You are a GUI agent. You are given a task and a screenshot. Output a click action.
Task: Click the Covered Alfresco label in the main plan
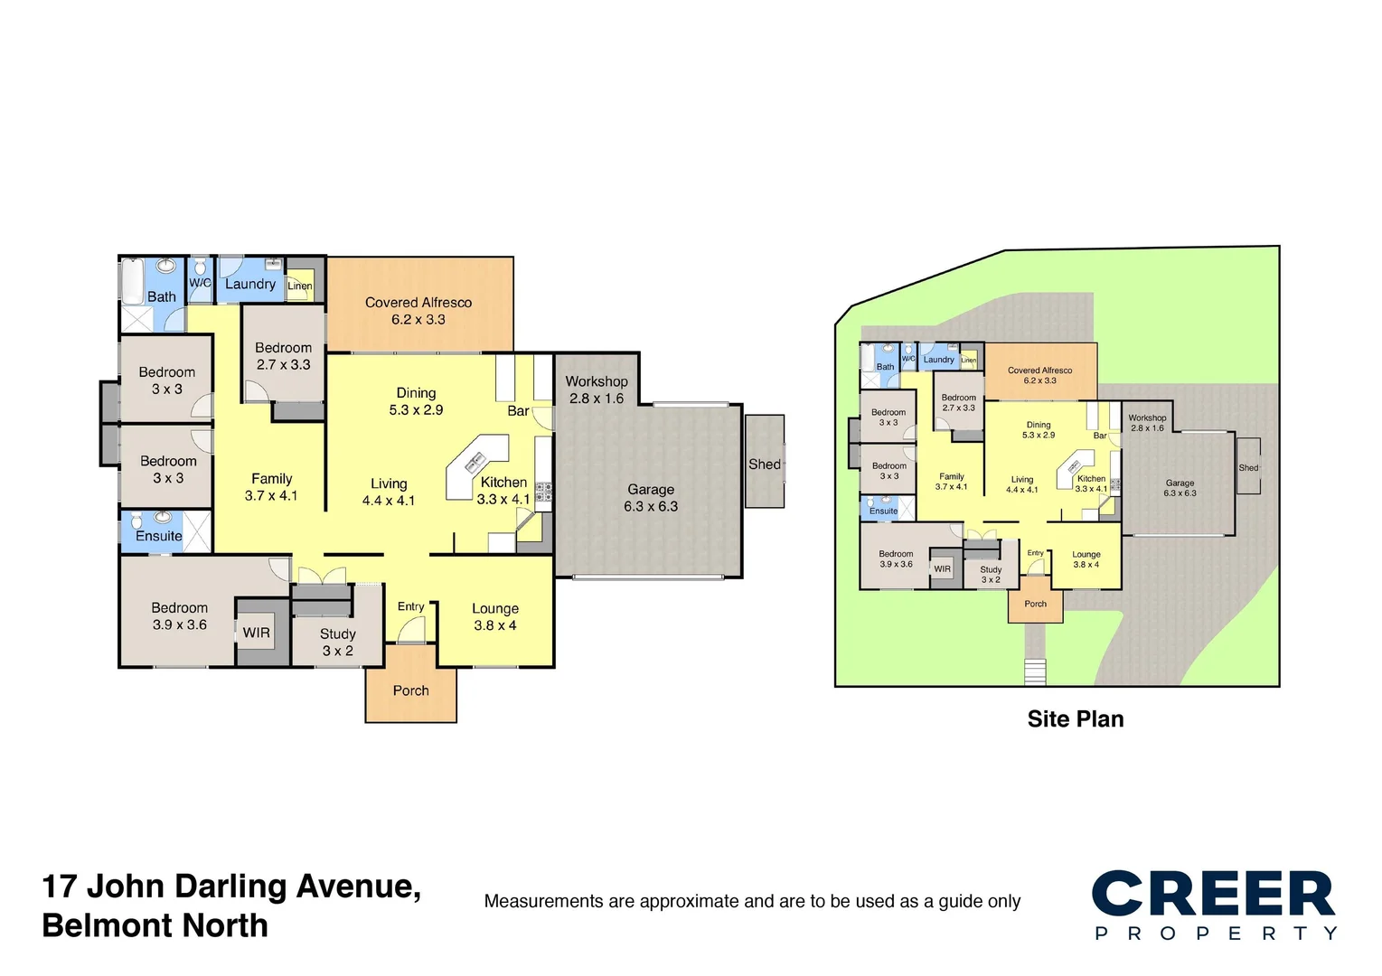click(418, 310)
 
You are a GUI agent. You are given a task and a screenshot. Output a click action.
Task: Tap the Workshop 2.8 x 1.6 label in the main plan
click(597, 389)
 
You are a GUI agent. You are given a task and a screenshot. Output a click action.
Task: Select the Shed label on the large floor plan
click(764, 464)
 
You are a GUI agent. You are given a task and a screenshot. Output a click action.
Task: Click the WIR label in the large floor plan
click(256, 633)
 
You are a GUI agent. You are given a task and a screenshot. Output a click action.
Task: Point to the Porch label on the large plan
click(410, 690)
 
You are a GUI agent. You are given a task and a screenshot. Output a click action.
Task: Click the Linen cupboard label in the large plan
click(299, 286)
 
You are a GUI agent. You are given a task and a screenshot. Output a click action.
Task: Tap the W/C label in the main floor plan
click(200, 283)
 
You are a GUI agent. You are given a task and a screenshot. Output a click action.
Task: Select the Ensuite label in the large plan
click(159, 536)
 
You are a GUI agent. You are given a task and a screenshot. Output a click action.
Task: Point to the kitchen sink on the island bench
click(475, 464)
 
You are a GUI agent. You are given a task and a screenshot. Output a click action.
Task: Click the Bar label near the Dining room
click(518, 411)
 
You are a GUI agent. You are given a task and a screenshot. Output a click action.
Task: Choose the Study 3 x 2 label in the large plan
click(337, 643)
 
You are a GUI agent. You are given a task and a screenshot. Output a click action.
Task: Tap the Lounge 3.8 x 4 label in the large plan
click(494, 616)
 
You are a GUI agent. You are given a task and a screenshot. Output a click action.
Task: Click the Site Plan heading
click(1075, 719)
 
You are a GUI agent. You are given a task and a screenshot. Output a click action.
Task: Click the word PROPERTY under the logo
click(1215, 934)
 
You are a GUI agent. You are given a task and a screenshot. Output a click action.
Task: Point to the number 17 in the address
click(59, 887)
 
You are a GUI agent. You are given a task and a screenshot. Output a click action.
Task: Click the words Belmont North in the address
click(155, 926)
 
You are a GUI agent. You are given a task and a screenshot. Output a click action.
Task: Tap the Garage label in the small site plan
click(1180, 488)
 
